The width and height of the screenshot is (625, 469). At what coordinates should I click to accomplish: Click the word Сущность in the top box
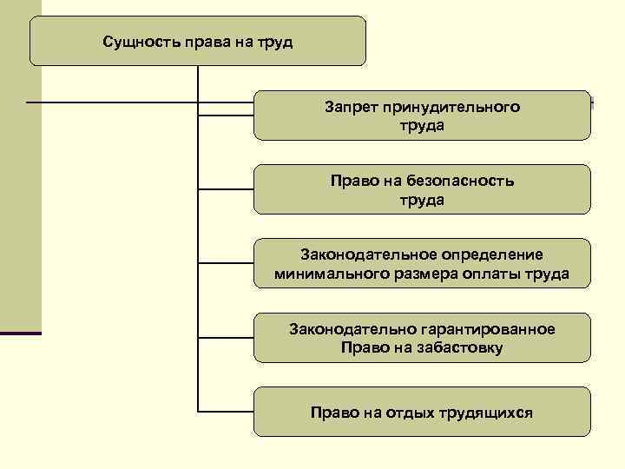point(141,42)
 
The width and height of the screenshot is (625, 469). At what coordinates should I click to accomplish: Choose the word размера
point(411,274)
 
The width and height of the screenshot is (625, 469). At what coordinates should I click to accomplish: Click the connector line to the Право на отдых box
point(226,411)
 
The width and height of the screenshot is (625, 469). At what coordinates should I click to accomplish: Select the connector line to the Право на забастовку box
point(226,337)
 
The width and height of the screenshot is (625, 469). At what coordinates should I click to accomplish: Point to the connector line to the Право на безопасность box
point(226,188)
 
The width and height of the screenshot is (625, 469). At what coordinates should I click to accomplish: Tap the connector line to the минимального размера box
point(226,262)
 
